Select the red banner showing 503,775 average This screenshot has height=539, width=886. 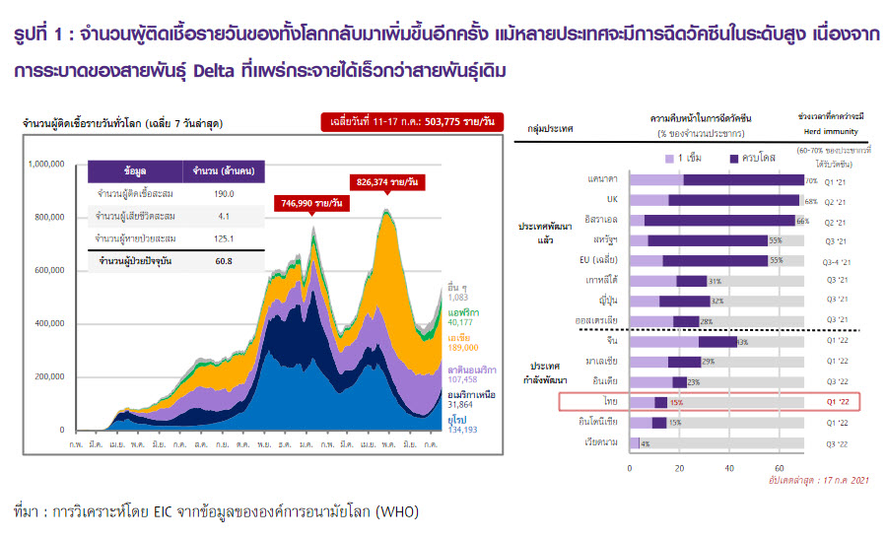pos(411,122)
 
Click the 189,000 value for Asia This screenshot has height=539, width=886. pos(462,346)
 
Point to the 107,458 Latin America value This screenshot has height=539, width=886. pos(464,378)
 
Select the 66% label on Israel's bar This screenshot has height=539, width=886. pos(802,221)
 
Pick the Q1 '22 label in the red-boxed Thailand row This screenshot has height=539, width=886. pos(837,402)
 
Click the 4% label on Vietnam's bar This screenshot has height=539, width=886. pos(645,443)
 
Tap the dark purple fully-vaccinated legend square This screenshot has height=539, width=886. pos(733,157)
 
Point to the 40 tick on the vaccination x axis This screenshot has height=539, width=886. pos(728,466)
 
